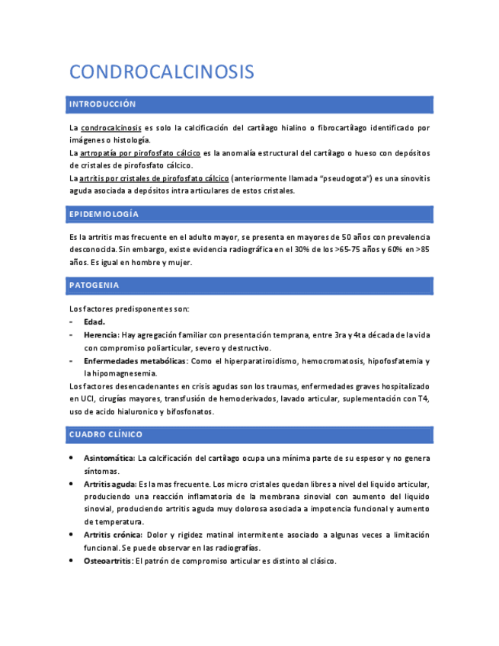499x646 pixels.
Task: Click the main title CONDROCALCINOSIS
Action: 162,72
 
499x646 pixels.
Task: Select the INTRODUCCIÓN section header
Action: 102,104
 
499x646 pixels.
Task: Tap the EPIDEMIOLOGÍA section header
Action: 104,214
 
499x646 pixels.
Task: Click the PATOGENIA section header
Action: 94,286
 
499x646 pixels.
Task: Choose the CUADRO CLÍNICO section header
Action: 105,434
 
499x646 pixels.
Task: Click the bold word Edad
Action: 94,322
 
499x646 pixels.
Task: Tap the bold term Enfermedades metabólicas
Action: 135,361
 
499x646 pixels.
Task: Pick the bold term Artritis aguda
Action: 109,484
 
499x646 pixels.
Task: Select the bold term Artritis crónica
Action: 112,536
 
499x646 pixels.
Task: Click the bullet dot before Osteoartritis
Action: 71,561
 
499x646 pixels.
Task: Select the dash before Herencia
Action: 71,335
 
